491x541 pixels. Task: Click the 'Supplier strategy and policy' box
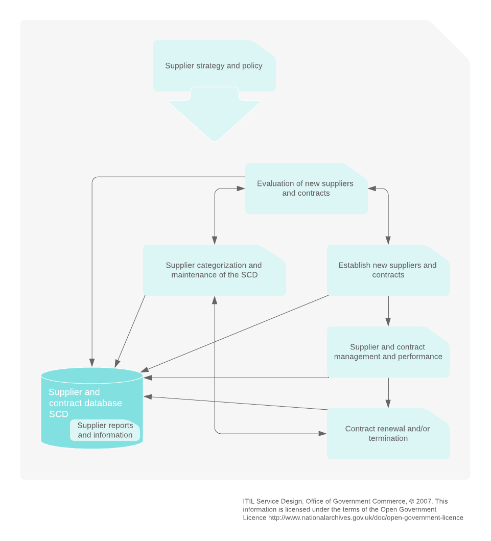coord(215,66)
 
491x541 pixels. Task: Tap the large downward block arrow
coord(215,117)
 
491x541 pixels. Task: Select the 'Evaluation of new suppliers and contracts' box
coord(306,189)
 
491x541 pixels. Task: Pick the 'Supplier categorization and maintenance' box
coord(214,270)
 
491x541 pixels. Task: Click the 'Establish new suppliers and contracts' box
coord(388,270)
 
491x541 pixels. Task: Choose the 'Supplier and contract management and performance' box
coord(388,352)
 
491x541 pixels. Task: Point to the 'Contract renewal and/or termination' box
coord(388,434)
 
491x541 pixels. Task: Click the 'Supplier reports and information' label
coord(105,431)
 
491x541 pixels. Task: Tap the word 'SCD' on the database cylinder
coord(59,414)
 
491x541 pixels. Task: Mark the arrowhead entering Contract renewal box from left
coord(322,434)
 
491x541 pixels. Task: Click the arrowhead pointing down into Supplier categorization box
coord(215,241)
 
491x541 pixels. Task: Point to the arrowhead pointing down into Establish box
coord(388,241)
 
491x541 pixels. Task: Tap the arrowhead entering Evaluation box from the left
coord(241,189)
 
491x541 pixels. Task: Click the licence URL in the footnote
coord(366,518)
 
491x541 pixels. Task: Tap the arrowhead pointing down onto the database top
coord(92,363)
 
